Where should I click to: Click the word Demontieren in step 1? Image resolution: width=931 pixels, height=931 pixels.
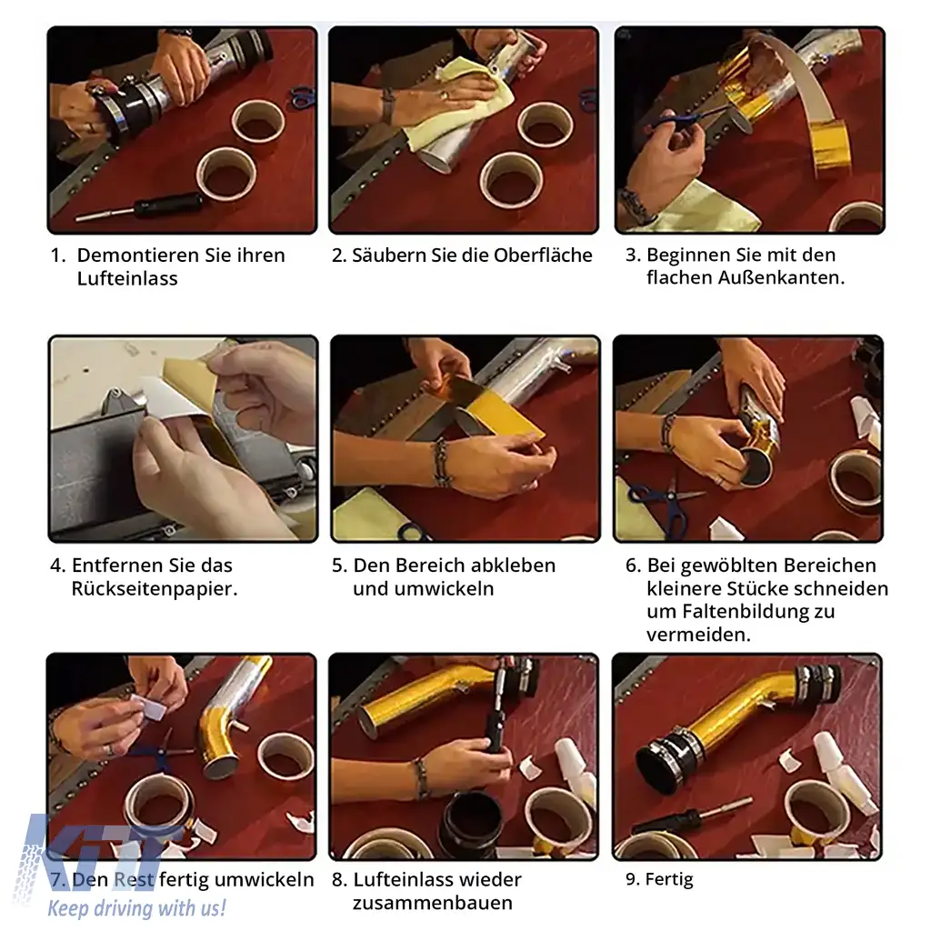pos(138,255)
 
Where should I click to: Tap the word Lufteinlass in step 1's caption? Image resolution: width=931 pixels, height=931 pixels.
pos(127,278)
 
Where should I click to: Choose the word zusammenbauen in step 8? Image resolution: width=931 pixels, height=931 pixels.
pos(432,903)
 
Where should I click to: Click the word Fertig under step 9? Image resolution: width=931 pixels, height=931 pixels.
pos(669,879)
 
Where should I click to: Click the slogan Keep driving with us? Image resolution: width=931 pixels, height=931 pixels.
pos(136,908)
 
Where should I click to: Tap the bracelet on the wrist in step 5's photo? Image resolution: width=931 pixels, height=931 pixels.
pos(442,463)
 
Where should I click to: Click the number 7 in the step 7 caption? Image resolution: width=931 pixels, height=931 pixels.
pos(57,880)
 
